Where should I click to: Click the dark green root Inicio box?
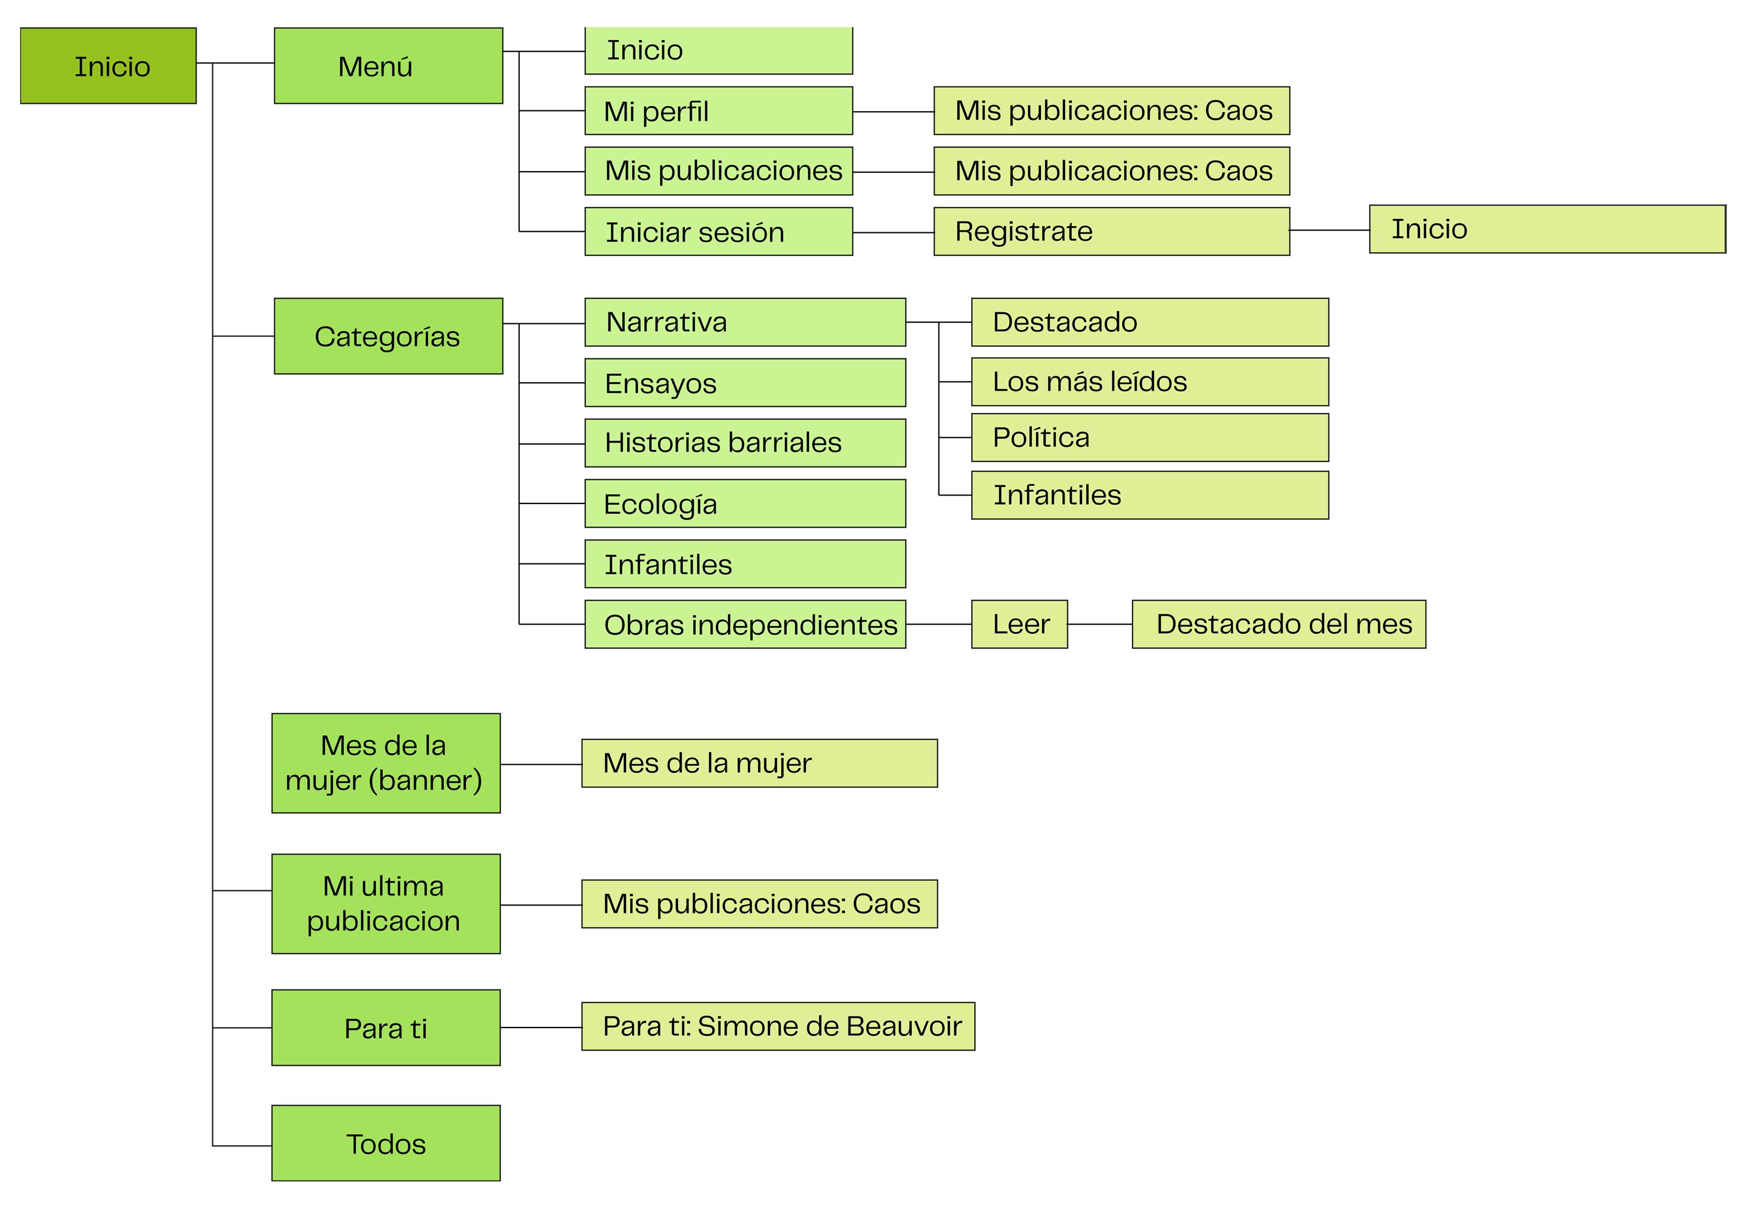(108, 66)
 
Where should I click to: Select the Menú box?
(388, 66)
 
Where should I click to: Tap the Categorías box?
(388, 336)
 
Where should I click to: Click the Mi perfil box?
(718, 111)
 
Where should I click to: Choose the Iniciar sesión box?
(718, 232)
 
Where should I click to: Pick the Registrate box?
(1111, 232)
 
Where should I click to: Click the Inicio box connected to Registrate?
(1547, 229)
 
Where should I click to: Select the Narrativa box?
(745, 322)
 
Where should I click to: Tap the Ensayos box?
(745, 383)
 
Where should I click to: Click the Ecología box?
(745, 503)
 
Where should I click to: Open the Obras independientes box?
(745, 625)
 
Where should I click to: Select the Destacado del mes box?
(1278, 625)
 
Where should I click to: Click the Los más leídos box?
(1149, 382)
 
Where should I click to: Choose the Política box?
(1149, 438)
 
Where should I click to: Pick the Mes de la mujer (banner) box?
(386, 763)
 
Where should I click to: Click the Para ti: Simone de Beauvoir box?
(778, 1026)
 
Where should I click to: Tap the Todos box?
(386, 1143)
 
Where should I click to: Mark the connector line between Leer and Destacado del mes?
(1100, 625)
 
